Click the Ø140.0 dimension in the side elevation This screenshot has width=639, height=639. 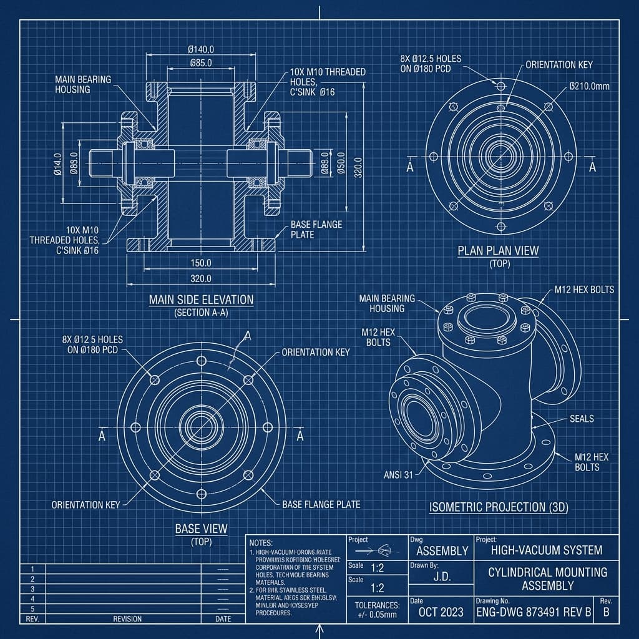201,49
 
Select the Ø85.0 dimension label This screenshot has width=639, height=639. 200,62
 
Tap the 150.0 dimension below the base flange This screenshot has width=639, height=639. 200,263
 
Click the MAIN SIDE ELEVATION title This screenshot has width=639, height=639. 201,300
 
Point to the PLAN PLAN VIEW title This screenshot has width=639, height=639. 498,251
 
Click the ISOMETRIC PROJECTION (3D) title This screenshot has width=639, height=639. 499,507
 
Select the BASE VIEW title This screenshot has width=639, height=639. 201,529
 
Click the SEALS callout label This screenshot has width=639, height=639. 582,419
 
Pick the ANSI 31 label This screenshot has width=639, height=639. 398,475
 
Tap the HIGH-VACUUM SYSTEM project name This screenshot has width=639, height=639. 546,550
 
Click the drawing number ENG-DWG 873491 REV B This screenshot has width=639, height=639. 533,611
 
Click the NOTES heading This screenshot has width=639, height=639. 261,543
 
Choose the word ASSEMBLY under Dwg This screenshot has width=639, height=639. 442,550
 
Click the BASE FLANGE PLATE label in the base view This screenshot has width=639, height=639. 321,504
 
